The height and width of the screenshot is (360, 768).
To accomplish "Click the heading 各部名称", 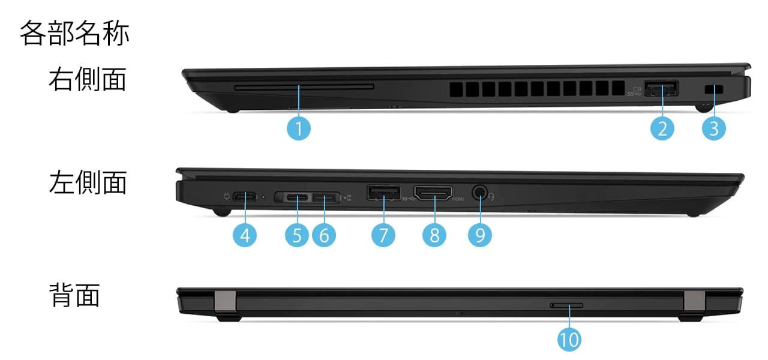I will pyautogui.click(x=74, y=34).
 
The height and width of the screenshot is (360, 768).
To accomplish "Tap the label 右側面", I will pyautogui.click(x=88, y=79).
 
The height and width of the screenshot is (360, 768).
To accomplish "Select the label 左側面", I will pyautogui.click(x=88, y=182).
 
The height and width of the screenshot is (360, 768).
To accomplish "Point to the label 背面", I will pyautogui.click(x=74, y=296).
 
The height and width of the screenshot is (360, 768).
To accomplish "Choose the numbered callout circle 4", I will pyautogui.click(x=245, y=235).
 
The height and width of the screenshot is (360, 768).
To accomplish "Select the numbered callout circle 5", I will pyautogui.click(x=297, y=235).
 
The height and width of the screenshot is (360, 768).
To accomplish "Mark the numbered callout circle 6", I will pyautogui.click(x=324, y=235).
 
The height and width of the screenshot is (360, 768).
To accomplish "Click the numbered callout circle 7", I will pyautogui.click(x=383, y=235).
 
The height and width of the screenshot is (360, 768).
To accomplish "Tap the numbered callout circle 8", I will pyautogui.click(x=434, y=235).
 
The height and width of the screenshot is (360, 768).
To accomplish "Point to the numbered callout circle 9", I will pyautogui.click(x=480, y=235).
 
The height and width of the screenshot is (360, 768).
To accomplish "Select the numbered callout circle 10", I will pyautogui.click(x=569, y=340).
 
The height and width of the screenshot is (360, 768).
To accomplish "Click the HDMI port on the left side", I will pyautogui.click(x=434, y=194).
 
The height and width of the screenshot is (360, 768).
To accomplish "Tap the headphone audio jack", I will pyautogui.click(x=479, y=193).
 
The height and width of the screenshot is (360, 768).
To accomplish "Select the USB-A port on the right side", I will pyautogui.click(x=662, y=89).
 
